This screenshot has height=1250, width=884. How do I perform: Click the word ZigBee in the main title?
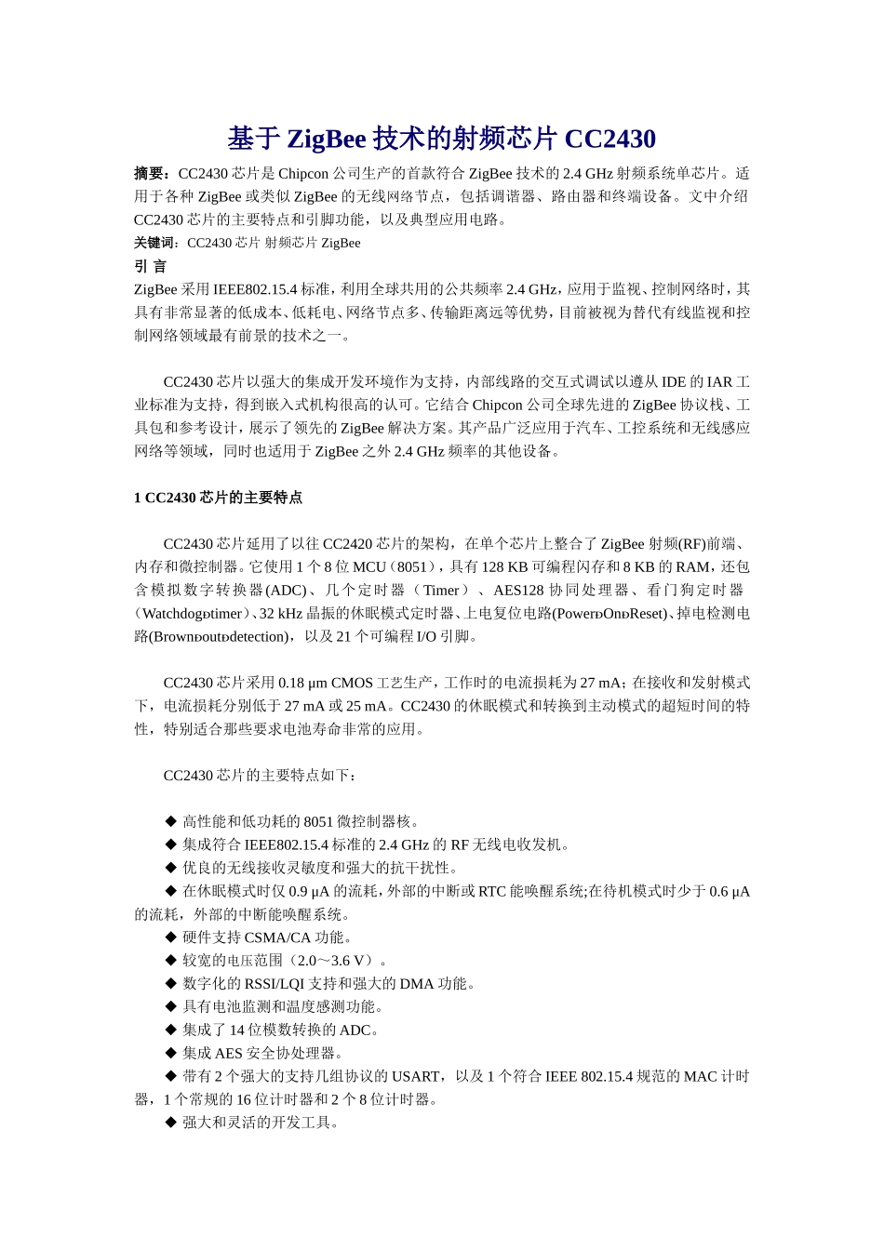pyautogui.click(x=327, y=139)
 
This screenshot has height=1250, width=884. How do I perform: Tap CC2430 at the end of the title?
pyautogui.click(x=609, y=139)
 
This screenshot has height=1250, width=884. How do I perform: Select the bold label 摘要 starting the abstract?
pyautogui.click(x=151, y=173)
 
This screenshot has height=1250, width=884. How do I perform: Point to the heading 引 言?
pyautogui.click(x=150, y=266)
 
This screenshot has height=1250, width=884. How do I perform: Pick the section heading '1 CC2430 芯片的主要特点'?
pyautogui.click(x=218, y=498)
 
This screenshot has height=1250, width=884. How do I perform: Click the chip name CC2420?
pyautogui.click(x=348, y=544)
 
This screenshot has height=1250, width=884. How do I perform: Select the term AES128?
pyautogui.click(x=519, y=590)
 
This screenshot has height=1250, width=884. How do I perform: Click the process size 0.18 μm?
pyautogui.click(x=302, y=683)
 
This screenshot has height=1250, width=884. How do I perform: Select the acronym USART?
pyautogui.click(x=415, y=1076)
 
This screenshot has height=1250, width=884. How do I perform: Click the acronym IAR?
pyautogui.click(x=719, y=382)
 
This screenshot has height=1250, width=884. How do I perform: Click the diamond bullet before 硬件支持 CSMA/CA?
pyautogui.click(x=170, y=937)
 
